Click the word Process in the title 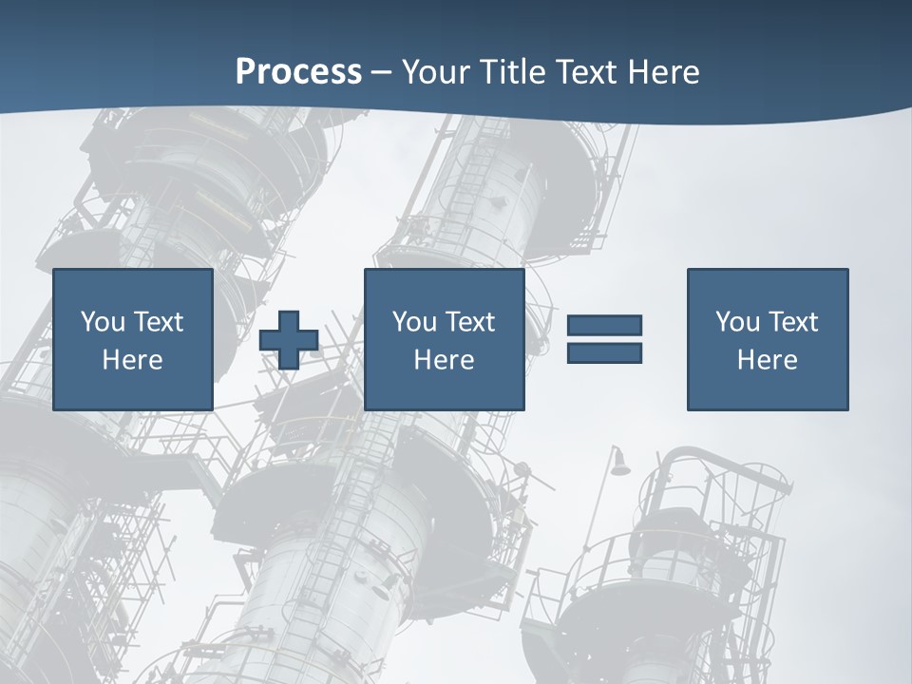tap(298, 72)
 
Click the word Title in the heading tap(510, 72)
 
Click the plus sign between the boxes tap(289, 340)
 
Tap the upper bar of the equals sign tap(604, 325)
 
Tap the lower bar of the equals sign tap(604, 352)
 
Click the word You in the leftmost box tap(103, 322)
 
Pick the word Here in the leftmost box tap(132, 360)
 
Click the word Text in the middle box tap(470, 322)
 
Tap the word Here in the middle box tap(444, 360)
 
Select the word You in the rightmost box tap(737, 322)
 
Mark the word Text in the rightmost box tap(793, 322)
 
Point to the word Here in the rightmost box tap(767, 360)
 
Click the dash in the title tap(382, 72)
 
